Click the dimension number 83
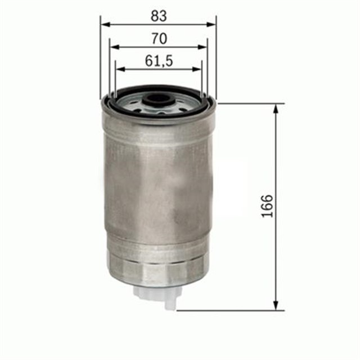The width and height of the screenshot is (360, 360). click(158, 16)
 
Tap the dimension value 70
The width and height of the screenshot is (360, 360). click(158, 39)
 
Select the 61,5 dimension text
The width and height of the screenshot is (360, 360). click(158, 61)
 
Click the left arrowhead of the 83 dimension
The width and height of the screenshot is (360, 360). click(104, 24)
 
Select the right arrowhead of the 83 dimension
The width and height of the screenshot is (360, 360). click(212, 24)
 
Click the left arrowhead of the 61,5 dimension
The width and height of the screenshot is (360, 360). click(119, 69)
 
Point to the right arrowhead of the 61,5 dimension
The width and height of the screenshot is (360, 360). click(197, 69)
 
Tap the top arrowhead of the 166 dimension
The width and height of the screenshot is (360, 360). click(276, 109)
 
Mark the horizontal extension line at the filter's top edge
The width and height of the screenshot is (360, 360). click(247, 103)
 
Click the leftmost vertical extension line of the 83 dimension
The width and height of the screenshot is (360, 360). click(100, 56)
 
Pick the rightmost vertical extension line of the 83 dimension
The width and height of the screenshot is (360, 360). click(216, 56)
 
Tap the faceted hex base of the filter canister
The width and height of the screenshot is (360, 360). click(157, 273)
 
